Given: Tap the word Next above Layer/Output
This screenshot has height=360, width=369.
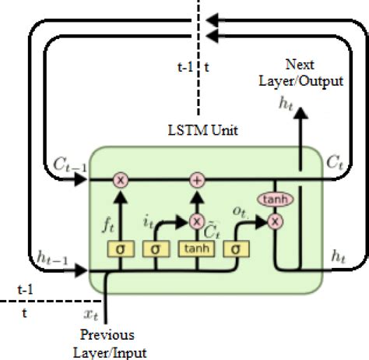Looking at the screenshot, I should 300,63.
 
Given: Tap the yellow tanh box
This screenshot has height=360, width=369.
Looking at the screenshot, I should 195,249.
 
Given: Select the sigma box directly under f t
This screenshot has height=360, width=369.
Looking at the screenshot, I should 121,249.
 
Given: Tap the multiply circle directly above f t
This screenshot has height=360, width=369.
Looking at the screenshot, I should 121,180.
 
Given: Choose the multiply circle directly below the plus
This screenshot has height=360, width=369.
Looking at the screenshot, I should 196,221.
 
